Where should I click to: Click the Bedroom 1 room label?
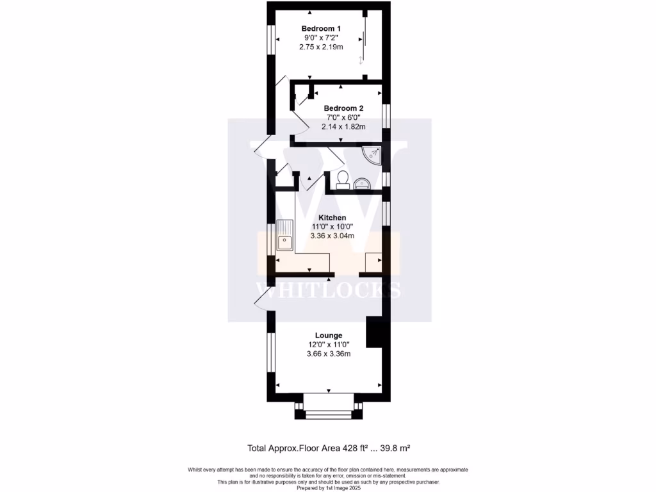pyautogui.click(x=321, y=28)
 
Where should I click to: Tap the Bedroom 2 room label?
pyautogui.click(x=343, y=108)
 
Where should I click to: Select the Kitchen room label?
pyautogui.click(x=332, y=218)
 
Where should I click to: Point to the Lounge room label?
pyautogui.click(x=328, y=335)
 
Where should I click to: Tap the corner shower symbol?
pyautogui.click(x=373, y=154)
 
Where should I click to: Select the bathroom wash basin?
pyautogui.click(x=362, y=184)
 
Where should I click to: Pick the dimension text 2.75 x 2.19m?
pyautogui.click(x=321, y=47)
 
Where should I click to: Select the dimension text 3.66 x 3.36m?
pyautogui.click(x=328, y=354)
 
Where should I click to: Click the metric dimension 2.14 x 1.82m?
pyautogui.click(x=343, y=127)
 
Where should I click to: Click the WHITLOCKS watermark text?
pyautogui.click(x=328, y=290)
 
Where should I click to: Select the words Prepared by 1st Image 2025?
pyautogui.click(x=328, y=488)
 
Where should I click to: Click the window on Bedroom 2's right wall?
pyautogui.click(x=386, y=115)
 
